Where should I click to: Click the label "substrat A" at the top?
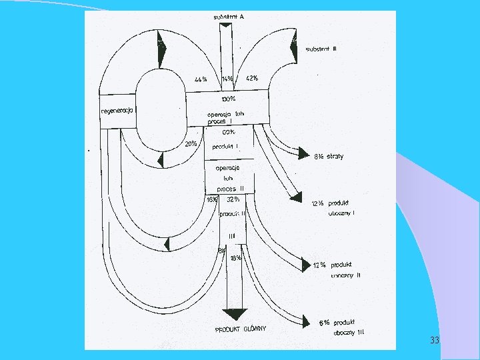coord(228,17)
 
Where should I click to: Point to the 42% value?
coord(252,78)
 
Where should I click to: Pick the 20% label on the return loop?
coord(191,143)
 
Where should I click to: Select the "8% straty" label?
coord(329,157)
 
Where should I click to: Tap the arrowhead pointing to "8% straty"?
coord(303,153)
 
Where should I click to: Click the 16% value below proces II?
coord(212,199)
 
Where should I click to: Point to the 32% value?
coord(233,199)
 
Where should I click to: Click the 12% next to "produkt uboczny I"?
coord(319,203)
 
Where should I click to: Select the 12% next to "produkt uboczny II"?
coord(321,265)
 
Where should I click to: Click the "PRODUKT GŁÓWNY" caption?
coord(241,329)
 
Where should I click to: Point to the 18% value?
coord(235,257)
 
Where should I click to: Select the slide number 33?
coord(435,341)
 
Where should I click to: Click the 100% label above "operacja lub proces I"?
coord(228,99)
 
